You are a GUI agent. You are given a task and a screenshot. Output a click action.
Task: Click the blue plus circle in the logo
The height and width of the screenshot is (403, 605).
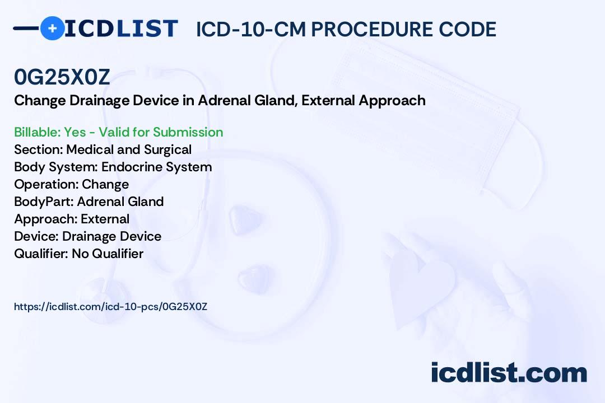(x=52, y=28)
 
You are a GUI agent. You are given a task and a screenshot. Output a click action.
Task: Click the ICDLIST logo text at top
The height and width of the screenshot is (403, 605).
(x=121, y=29)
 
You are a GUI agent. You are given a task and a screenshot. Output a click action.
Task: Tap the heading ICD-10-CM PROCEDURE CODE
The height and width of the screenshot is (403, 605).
(x=346, y=29)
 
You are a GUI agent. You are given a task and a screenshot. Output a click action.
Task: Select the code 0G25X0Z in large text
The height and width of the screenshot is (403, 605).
(x=62, y=78)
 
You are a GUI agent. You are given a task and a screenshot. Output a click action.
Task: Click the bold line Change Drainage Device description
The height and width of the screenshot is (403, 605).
(x=220, y=101)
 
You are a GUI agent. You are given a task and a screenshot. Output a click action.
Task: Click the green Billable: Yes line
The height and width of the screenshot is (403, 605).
(x=118, y=132)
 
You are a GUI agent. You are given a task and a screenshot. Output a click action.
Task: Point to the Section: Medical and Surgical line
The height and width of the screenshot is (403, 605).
(x=103, y=149)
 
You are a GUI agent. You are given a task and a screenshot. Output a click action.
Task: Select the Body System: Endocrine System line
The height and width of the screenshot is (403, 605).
(x=113, y=167)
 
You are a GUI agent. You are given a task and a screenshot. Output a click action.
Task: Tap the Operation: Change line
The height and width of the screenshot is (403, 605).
(x=71, y=184)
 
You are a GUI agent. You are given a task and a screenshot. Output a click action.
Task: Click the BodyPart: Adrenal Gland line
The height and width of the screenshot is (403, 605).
(x=89, y=201)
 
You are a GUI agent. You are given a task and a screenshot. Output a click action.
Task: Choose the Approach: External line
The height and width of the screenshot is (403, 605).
(x=72, y=219)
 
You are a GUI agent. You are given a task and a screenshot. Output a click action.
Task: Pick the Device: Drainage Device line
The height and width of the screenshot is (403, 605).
(x=87, y=236)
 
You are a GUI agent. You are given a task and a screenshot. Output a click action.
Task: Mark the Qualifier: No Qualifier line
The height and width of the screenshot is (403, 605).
(x=78, y=254)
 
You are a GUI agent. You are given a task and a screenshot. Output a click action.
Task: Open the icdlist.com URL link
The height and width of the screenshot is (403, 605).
(x=110, y=307)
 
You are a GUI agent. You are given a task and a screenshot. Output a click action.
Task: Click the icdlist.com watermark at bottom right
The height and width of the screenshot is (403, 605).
(x=509, y=373)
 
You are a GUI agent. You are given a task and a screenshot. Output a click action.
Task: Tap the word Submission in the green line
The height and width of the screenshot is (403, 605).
(x=188, y=132)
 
